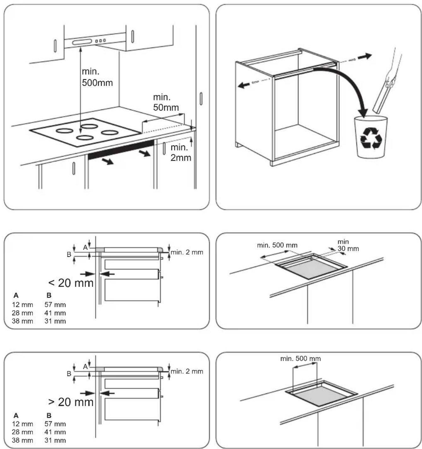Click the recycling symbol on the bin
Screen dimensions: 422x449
(371, 138)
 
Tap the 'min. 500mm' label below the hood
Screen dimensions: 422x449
(97, 77)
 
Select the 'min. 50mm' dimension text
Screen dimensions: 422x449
(166, 102)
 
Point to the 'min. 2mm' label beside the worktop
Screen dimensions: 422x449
(181, 152)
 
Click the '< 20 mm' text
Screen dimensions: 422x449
(71, 283)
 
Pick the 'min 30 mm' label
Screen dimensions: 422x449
(348, 245)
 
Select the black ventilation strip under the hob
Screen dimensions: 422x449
(121, 150)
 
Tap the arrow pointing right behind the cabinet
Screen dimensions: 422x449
(365, 56)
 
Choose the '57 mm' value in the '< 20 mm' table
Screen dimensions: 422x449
(55, 305)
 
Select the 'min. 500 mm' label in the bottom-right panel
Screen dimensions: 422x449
(300, 358)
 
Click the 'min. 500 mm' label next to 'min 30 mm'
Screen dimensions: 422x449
(277, 245)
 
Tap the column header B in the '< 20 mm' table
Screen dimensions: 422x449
(49, 295)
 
